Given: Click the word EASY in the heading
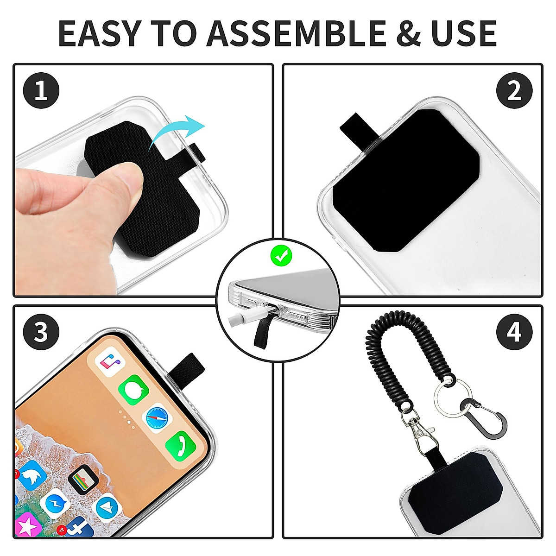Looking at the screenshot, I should [x=99, y=33].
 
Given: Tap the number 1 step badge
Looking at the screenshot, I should [x=41, y=90].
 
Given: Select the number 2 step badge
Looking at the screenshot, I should [x=514, y=90].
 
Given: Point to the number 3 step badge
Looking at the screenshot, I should [x=41, y=332].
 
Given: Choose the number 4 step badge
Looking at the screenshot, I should [x=514, y=332].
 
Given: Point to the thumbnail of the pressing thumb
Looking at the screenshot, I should [x=125, y=179].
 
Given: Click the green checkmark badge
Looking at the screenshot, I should [x=281, y=255].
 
